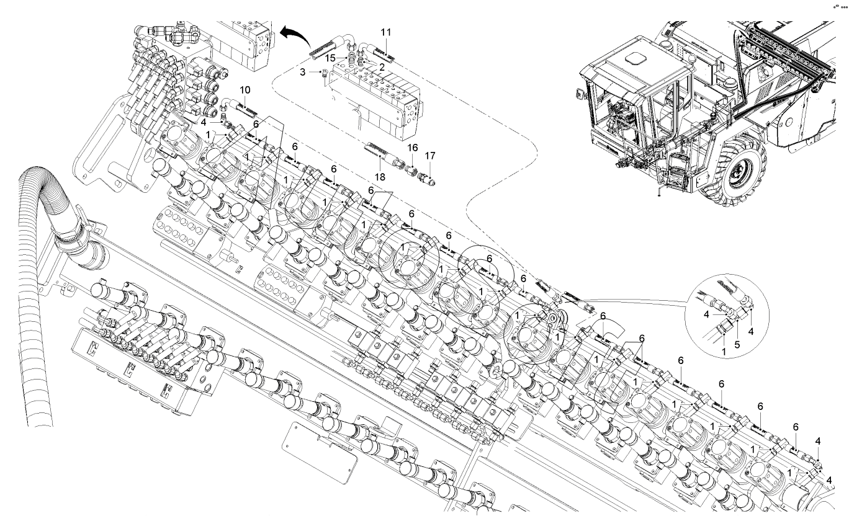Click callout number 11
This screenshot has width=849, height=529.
tap(386, 33)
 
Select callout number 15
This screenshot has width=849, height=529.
tap(331, 58)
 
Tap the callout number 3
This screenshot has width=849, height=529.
tap(302, 72)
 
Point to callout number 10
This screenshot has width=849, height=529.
tap(245, 90)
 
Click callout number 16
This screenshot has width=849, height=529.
tap(413, 148)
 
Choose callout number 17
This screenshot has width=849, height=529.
tap(430, 156)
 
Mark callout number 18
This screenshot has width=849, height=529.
tap(380, 177)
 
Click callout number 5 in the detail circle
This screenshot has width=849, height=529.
tap(737, 345)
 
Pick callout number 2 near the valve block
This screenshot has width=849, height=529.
tap(382, 68)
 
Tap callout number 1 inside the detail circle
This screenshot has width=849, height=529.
tap(724, 352)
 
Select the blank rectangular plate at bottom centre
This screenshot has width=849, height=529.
tap(320, 453)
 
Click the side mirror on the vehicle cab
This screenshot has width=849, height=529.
tap(579, 94)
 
